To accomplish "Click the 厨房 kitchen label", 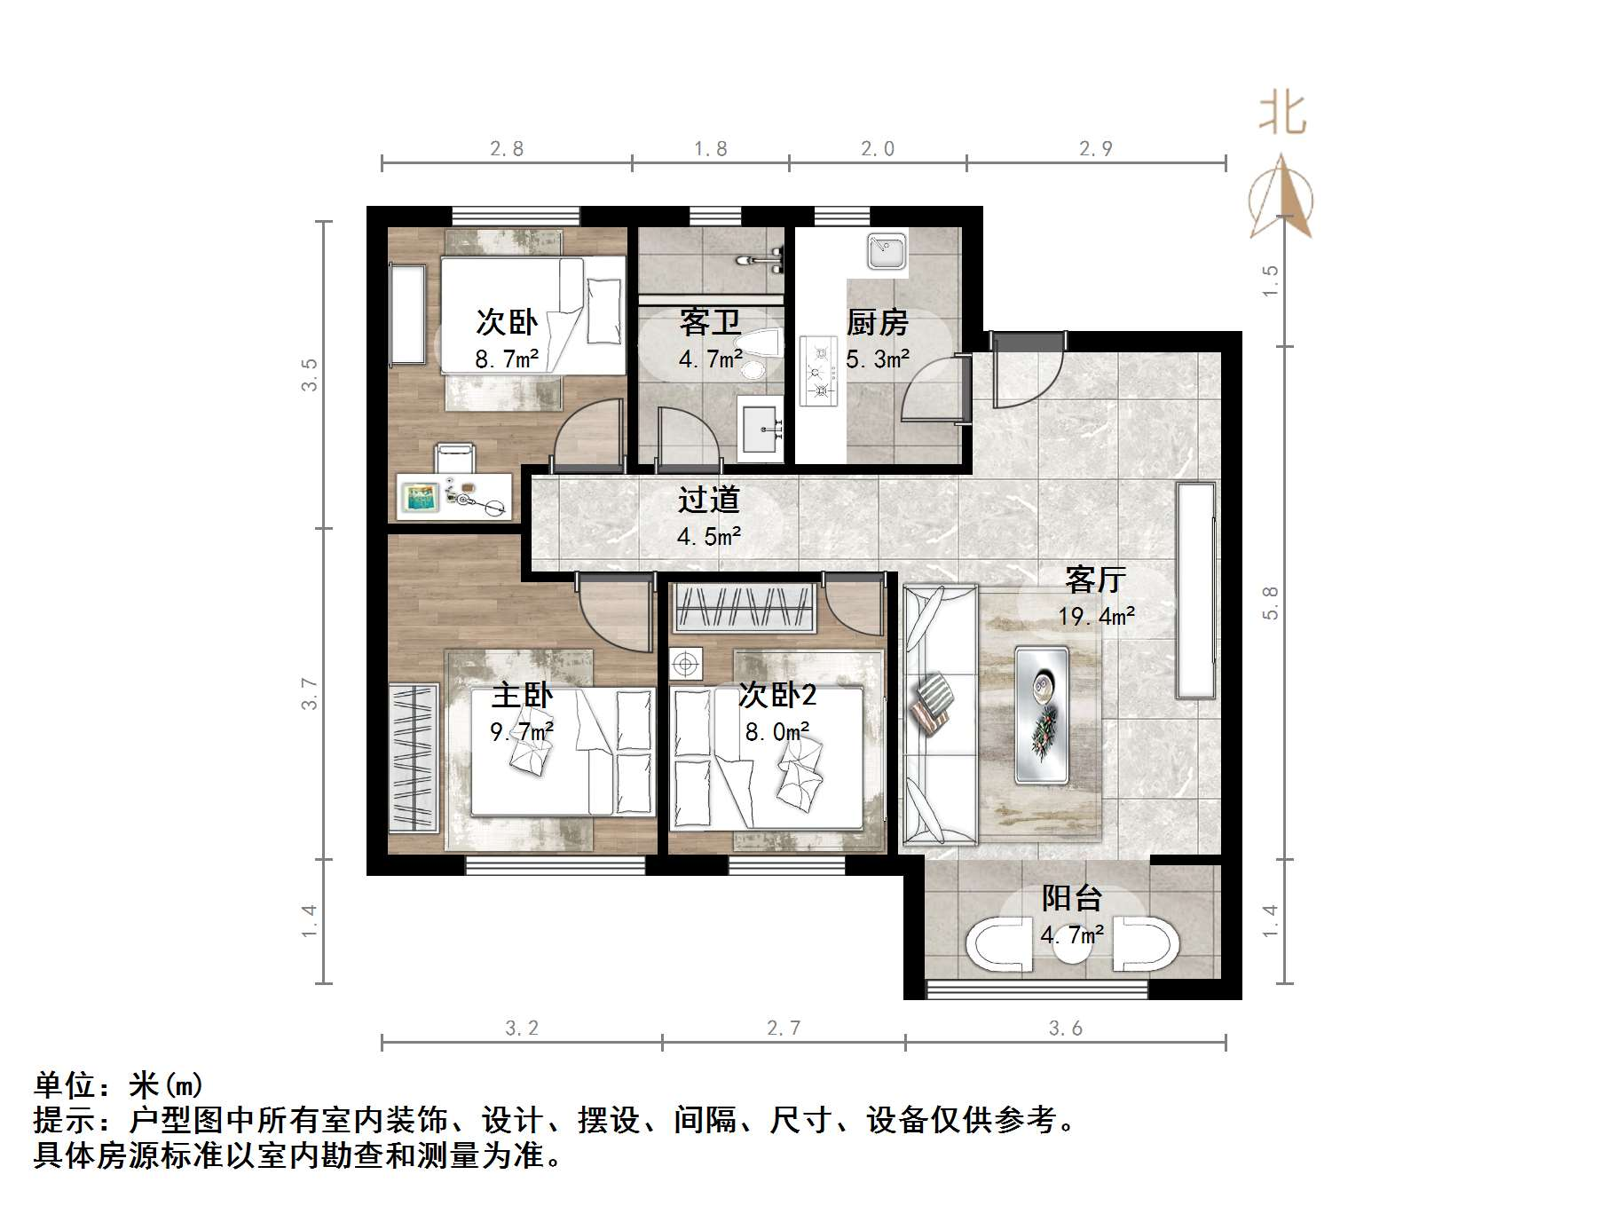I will [877, 323].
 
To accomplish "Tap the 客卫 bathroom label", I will [710, 323].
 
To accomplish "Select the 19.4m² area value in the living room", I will [1096, 616].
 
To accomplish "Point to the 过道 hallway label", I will [708, 501].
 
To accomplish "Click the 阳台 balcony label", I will [1071, 898].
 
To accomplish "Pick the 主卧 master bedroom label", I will [522, 695].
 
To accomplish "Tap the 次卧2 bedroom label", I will [777, 695].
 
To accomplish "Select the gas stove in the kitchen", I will [820, 372].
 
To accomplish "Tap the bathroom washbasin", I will [761, 430].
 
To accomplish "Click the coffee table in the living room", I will [1042, 714].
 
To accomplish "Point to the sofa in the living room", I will [939, 714].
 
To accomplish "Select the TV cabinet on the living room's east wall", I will [1196, 590].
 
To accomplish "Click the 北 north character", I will [1282, 115].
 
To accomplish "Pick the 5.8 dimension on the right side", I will [1271, 603].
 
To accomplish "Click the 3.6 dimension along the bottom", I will [1065, 1028].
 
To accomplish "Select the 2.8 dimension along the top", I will [507, 149].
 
